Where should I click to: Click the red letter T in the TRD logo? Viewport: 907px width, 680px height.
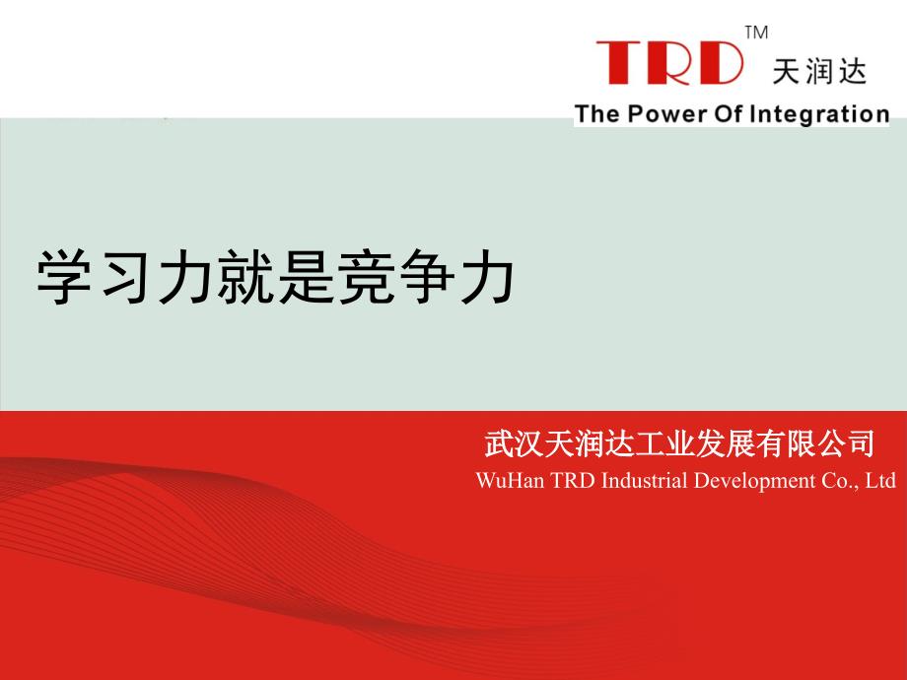pos(619,62)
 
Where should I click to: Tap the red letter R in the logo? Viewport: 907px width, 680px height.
pos(666,62)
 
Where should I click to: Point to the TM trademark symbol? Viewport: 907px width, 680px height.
pos(756,33)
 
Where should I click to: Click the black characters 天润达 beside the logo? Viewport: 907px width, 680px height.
pos(819,72)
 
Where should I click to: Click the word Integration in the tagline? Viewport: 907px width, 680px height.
pos(819,114)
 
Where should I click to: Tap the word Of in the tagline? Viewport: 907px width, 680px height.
pos(728,113)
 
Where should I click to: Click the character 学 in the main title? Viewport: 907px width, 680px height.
pos(65,277)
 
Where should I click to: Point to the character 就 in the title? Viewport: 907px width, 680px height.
pos(245,277)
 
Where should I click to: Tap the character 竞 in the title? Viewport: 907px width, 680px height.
pos(366,277)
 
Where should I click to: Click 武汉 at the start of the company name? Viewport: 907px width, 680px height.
pos(513,444)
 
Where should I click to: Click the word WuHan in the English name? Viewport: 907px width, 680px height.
pos(510,481)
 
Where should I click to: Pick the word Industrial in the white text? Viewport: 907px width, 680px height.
pos(645,481)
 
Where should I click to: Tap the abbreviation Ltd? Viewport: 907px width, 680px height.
pos(880,481)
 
